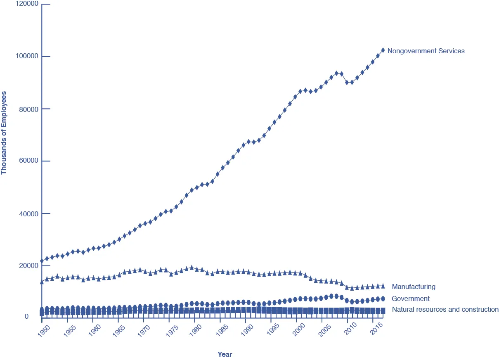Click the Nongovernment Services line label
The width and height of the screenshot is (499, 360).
pos(426,51)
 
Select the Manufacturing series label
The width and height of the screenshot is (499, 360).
pos(414,287)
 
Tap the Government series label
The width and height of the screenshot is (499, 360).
pos(411,298)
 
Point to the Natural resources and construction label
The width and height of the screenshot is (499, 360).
pos(445,309)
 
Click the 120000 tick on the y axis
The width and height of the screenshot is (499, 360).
pos(27,4)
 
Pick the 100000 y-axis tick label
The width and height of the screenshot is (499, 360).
pos(27,57)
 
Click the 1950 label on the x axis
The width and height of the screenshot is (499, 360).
pos(43,330)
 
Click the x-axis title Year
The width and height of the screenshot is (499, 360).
pos(225,354)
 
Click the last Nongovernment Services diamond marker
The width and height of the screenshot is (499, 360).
pos(383,50)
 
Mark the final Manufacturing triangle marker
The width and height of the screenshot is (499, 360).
pos(383,286)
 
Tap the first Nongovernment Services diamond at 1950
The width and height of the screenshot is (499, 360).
pos(42,261)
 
